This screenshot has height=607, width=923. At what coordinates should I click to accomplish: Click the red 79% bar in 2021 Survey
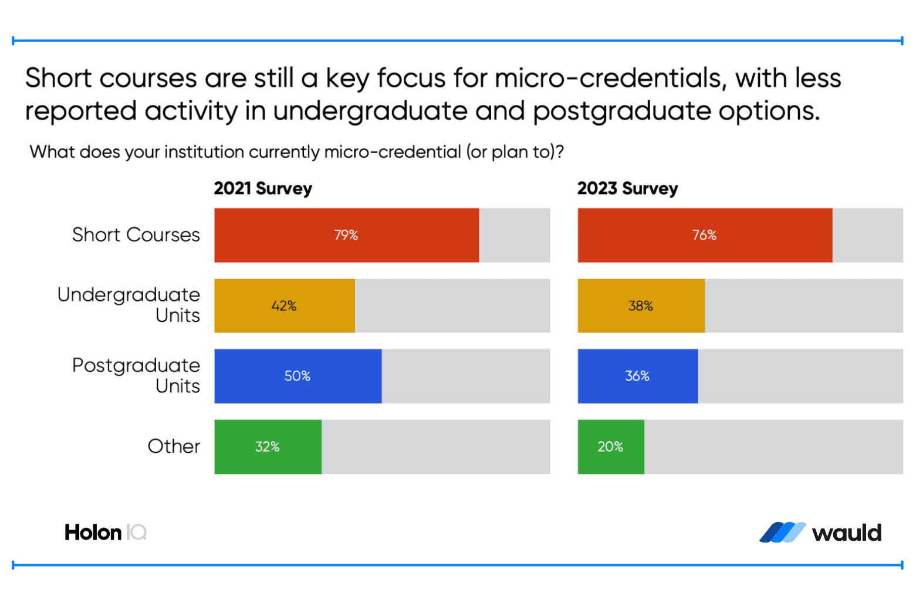tap(346, 235)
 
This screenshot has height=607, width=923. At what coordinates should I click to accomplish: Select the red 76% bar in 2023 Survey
tap(704, 235)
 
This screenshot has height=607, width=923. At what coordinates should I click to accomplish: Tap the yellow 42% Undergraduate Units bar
tap(285, 306)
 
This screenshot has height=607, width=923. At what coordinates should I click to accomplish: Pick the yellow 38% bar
tap(641, 306)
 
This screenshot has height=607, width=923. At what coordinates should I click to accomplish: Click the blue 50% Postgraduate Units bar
tap(297, 376)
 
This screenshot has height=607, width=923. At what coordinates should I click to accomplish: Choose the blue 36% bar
tap(637, 376)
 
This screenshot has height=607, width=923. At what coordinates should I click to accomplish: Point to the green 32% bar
tap(268, 446)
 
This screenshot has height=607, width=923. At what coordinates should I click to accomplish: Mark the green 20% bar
tap(610, 446)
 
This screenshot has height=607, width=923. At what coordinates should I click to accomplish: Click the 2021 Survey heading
tap(263, 188)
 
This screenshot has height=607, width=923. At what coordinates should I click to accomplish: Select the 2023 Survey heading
tap(627, 188)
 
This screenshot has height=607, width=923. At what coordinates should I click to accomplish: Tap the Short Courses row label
tap(136, 235)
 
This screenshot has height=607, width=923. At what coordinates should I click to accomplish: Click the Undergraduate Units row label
tap(129, 304)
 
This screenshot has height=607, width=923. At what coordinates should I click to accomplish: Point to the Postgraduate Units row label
tap(136, 375)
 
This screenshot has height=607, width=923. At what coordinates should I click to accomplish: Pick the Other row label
tap(174, 446)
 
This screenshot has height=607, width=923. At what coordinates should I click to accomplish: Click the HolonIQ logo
tap(105, 533)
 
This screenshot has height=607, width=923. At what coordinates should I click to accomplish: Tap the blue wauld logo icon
tap(782, 533)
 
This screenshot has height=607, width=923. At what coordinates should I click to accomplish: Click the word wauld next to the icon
tap(847, 533)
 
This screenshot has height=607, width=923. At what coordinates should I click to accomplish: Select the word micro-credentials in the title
tap(610, 78)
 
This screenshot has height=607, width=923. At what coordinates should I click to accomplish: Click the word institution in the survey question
tap(204, 152)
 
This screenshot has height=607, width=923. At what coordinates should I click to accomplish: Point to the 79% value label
tap(346, 235)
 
